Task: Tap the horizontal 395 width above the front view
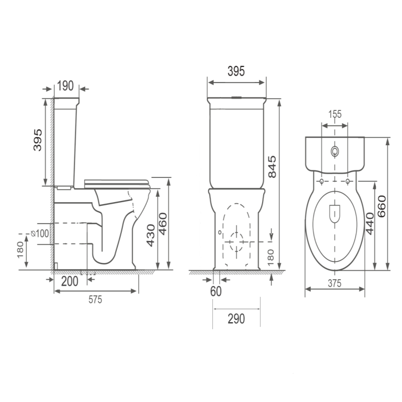pyautogui.click(x=236, y=71)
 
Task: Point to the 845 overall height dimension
pyautogui.click(x=272, y=167)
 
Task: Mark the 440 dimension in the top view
pyautogui.click(x=369, y=222)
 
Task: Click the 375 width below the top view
pyautogui.click(x=334, y=284)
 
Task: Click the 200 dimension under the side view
pyautogui.click(x=70, y=280)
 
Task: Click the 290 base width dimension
pyautogui.click(x=236, y=319)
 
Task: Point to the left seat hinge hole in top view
pyautogui.click(x=321, y=182)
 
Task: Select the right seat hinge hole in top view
pyautogui.click(x=348, y=182)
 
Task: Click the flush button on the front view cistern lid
pyautogui.click(x=236, y=98)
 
